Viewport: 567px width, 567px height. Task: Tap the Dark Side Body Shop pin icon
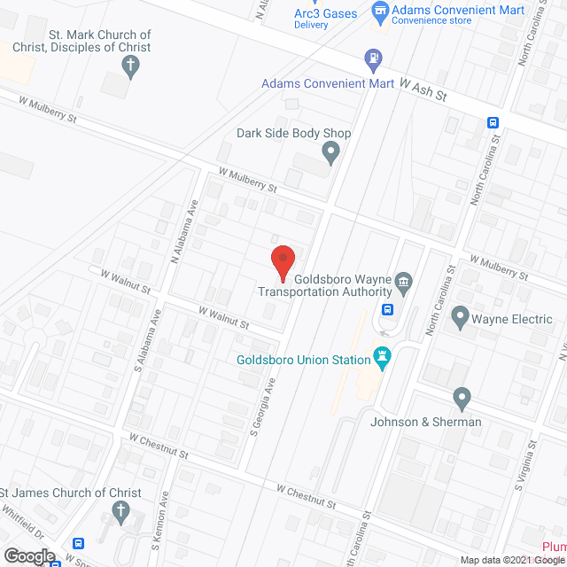pyautogui.click(x=331, y=154)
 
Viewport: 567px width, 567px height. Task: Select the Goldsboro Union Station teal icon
pyautogui.click(x=383, y=358)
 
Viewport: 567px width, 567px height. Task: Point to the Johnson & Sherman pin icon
pyautogui.click(x=461, y=397)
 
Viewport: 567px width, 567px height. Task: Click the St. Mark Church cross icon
pyautogui.click(x=129, y=66)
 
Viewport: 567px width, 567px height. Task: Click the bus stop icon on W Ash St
pyautogui.click(x=493, y=123)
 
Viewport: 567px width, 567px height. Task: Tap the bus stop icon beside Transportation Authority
pyautogui.click(x=388, y=309)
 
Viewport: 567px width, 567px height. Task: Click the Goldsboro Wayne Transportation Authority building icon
pyautogui.click(x=404, y=283)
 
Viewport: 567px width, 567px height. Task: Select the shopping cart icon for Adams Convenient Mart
pyautogui.click(x=380, y=11)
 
